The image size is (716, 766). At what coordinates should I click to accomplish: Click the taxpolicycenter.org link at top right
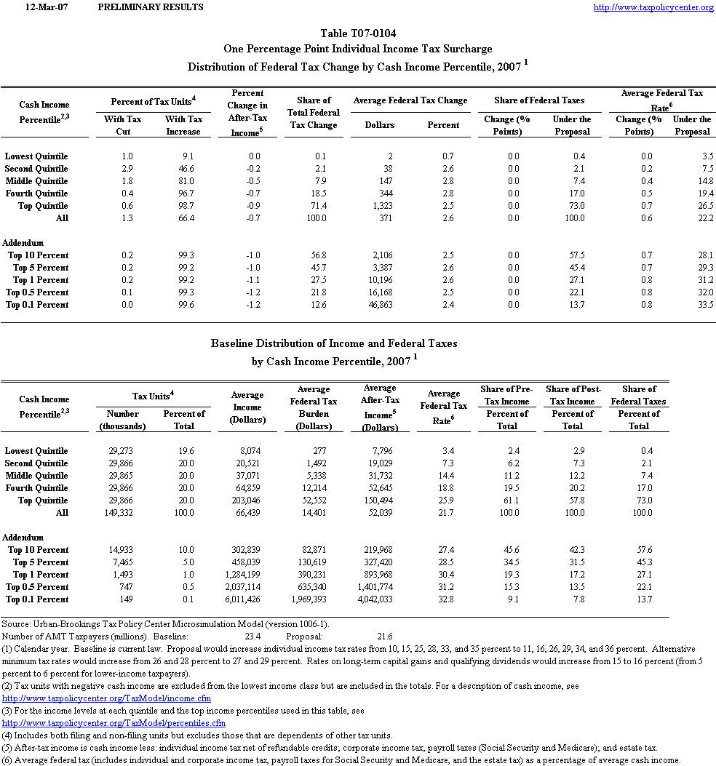pyautogui.click(x=653, y=7)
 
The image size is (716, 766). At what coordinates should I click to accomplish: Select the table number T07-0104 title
pyautogui.click(x=358, y=33)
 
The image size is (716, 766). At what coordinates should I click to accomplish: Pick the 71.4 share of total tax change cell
pyautogui.click(x=317, y=206)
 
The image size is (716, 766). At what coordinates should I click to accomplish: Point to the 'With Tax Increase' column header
pyautogui.click(x=183, y=125)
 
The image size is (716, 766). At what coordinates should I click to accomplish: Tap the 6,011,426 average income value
pyautogui.click(x=239, y=599)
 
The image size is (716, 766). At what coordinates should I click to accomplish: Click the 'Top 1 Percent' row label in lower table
pyautogui.click(x=38, y=575)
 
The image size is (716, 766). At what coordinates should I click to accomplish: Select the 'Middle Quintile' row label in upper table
pyautogui.click(x=36, y=181)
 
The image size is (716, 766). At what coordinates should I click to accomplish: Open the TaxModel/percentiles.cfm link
pyautogui.click(x=114, y=723)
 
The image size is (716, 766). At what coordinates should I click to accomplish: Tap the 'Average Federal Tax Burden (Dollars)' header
pyautogui.click(x=314, y=408)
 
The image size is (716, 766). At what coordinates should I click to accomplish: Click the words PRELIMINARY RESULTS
pyautogui.click(x=150, y=7)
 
